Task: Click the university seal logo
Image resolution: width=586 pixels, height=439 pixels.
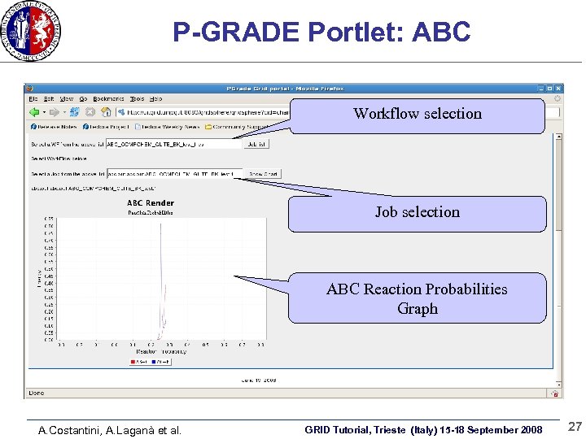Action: click(x=32, y=30)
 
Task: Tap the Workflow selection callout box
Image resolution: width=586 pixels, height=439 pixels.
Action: click(x=417, y=115)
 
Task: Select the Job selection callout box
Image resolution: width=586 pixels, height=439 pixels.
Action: click(x=417, y=213)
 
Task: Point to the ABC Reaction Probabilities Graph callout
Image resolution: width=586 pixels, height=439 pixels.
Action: click(x=417, y=298)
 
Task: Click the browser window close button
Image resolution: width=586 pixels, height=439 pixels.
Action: click(x=559, y=88)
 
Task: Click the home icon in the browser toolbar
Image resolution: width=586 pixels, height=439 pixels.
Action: click(x=106, y=112)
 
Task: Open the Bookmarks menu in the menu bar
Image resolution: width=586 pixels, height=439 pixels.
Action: click(x=108, y=99)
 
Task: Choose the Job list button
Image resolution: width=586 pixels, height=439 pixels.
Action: click(x=256, y=144)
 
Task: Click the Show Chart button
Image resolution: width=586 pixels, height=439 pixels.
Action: click(x=263, y=173)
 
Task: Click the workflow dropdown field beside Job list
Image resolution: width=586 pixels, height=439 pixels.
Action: click(x=174, y=144)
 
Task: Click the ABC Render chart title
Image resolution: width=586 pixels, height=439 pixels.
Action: click(x=151, y=202)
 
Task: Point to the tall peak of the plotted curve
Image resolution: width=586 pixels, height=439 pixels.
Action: click(x=161, y=236)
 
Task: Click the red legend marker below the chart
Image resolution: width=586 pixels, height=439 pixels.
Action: click(x=133, y=362)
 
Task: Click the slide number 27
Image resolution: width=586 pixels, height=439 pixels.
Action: click(x=575, y=427)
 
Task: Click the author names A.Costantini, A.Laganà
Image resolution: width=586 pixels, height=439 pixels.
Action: click(x=110, y=430)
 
